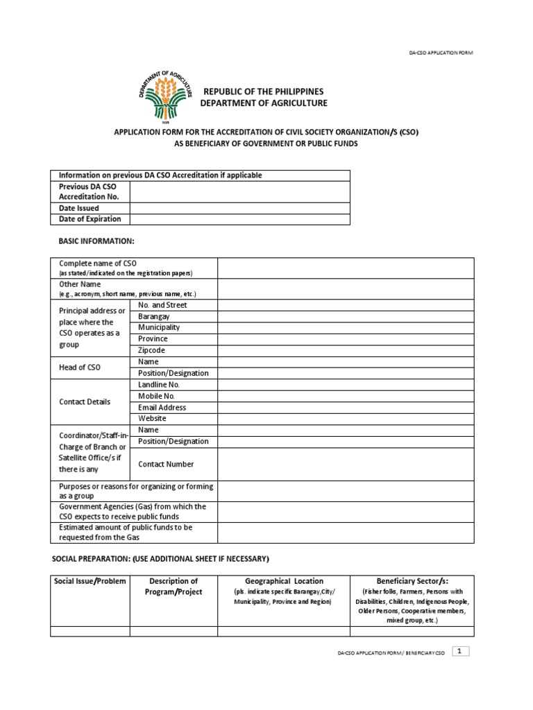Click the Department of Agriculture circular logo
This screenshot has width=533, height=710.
click(165, 98)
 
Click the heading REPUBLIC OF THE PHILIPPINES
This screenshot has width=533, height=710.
click(263, 92)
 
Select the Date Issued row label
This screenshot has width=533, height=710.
click(79, 208)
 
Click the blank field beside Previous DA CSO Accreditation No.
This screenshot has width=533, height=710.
click(239, 191)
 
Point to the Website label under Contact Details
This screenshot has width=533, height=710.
click(152, 419)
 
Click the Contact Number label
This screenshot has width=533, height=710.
click(166, 465)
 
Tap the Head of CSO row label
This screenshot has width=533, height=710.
click(80, 367)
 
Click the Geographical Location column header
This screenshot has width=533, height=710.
click(284, 581)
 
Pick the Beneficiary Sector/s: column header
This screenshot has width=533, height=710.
click(412, 581)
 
